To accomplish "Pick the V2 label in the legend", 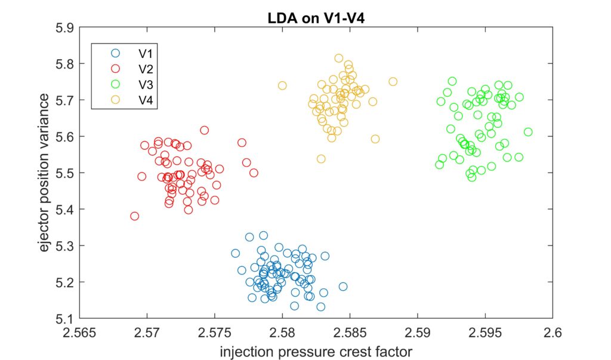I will point(146,69).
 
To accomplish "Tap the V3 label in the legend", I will point(146,84).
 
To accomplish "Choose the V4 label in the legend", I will point(146,100).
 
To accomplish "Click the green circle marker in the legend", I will point(115,84).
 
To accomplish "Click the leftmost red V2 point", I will point(135,216).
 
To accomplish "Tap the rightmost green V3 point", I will point(528,132).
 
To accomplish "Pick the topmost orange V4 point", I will point(339,59).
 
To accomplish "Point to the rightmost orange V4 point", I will point(393,82).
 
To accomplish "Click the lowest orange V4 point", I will point(321,159).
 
